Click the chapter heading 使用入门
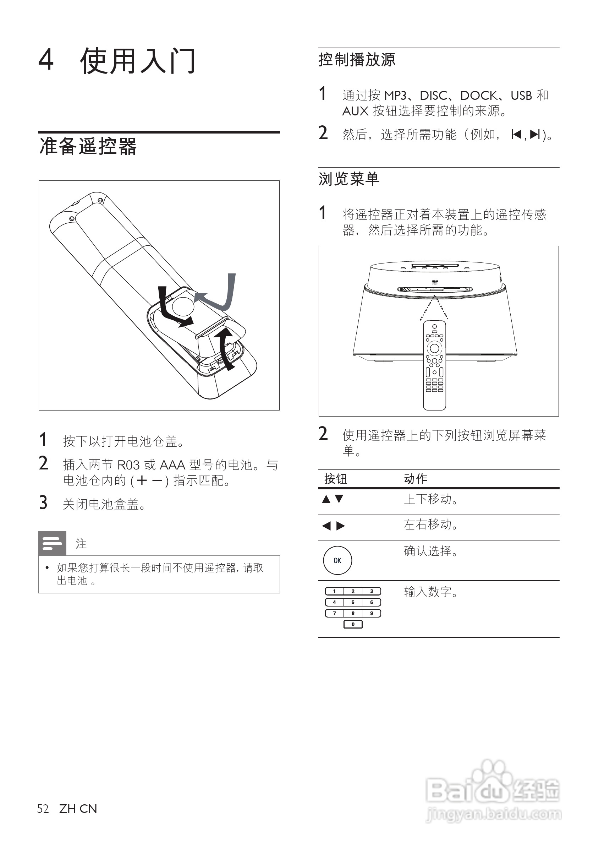pyautogui.click(x=137, y=61)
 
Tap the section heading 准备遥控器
pyautogui.click(x=88, y=146)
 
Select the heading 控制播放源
pyautogui.click(x=357, y=60)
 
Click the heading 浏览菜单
pyautogui.click(x=349, y=179)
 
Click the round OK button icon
pyautogui.click(x=337, y=560)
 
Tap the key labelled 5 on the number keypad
pyautogui.click(x=353, y=602)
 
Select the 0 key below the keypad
pyautogui.click(x=353, y=625)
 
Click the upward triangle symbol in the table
pyautogui.click(x=326, y=499)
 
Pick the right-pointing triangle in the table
pyautogui.click(x=341, y=526)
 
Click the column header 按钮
pyautogui.click(x=335, y=479)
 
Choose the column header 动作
pyautogui.click(x=416, y=479)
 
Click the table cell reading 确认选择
pyautogui.click(x=431, y=551)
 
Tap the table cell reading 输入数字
pyautogui.click(x=431, y=592)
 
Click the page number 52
pyautogui.click(x=43, y=809)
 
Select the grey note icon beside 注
pyautogui.click(x=53, y=543)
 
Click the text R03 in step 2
pyautogui.click(x=128, y=465)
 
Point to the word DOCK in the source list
pyautogui.click(x=479, y=96)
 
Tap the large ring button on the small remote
pyautogui.click(x=434, y=348)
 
